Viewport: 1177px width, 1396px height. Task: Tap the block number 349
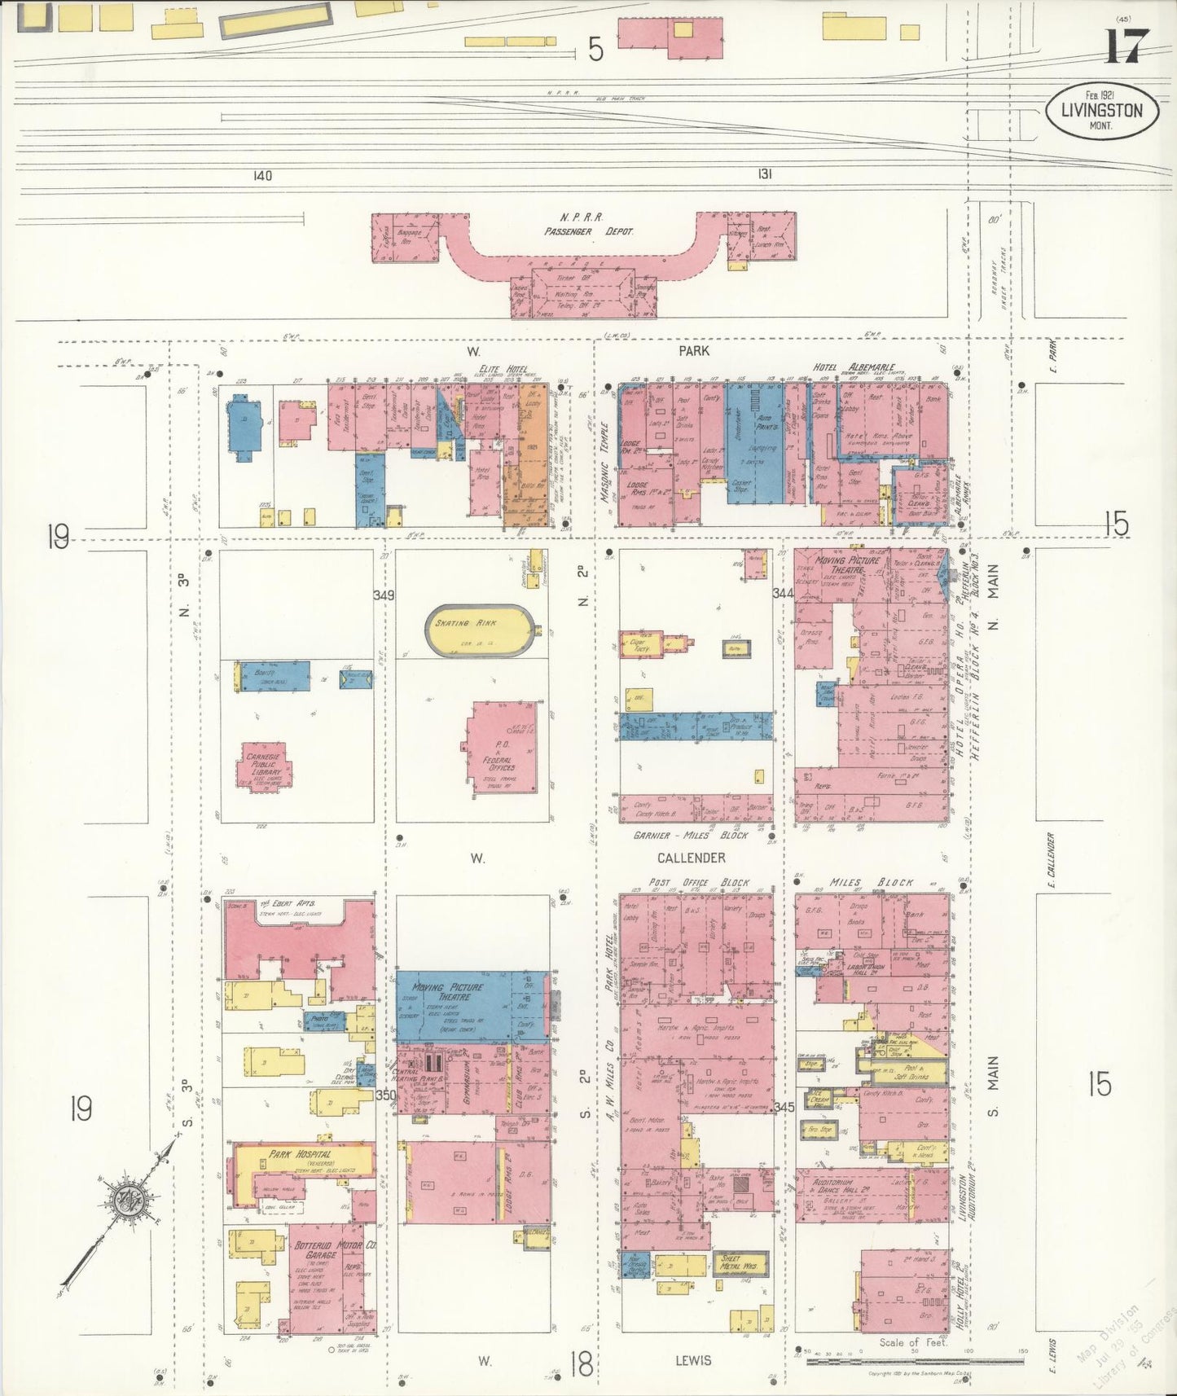tap(384, 595)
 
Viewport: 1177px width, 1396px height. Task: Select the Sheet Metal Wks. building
tap(738, 1281)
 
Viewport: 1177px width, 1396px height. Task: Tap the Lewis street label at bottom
tap(693, 1359)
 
